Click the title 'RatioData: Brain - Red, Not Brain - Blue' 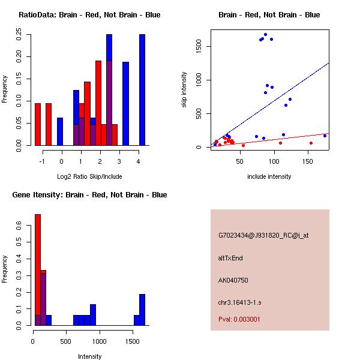89,15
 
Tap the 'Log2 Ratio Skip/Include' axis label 89,176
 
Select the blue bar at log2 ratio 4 142,90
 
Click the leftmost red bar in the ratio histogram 38,124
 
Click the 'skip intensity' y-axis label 185,90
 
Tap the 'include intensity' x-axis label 269,176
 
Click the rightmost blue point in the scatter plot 325,136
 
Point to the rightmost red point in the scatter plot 311,143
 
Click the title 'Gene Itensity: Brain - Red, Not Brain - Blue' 89,195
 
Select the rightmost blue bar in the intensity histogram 142,310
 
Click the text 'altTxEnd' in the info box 230,258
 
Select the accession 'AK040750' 233,280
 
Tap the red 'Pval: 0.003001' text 239,320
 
